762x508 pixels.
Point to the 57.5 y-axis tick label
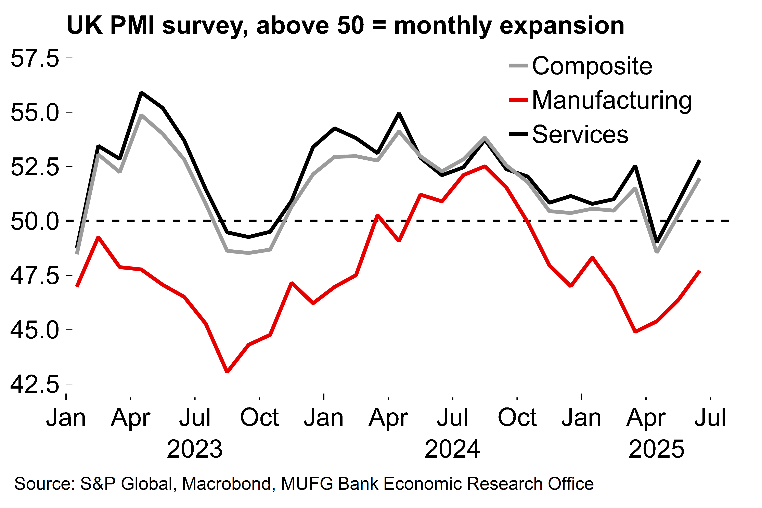pos(35,58)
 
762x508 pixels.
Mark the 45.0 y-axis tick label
pos(35,330)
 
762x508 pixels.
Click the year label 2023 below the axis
pos(195,449)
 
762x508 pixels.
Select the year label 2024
pos(452,449)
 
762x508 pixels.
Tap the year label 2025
pos(656,449)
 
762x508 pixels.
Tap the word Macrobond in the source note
pos(227,484)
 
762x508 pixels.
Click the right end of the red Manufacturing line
pos(700,271)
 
